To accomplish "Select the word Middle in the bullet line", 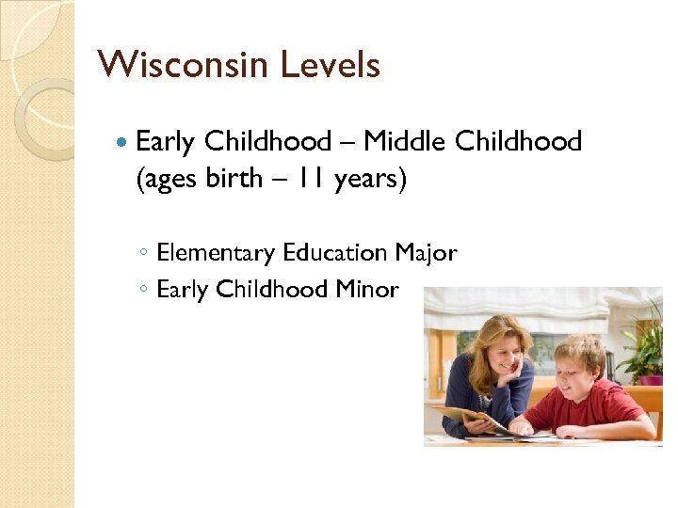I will pos(405,141).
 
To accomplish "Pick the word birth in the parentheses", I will pos(231,179).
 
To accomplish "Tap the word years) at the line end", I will pos(371,180).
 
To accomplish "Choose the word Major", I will pos(426,253).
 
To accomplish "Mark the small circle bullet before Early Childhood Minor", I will pos(141,290).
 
